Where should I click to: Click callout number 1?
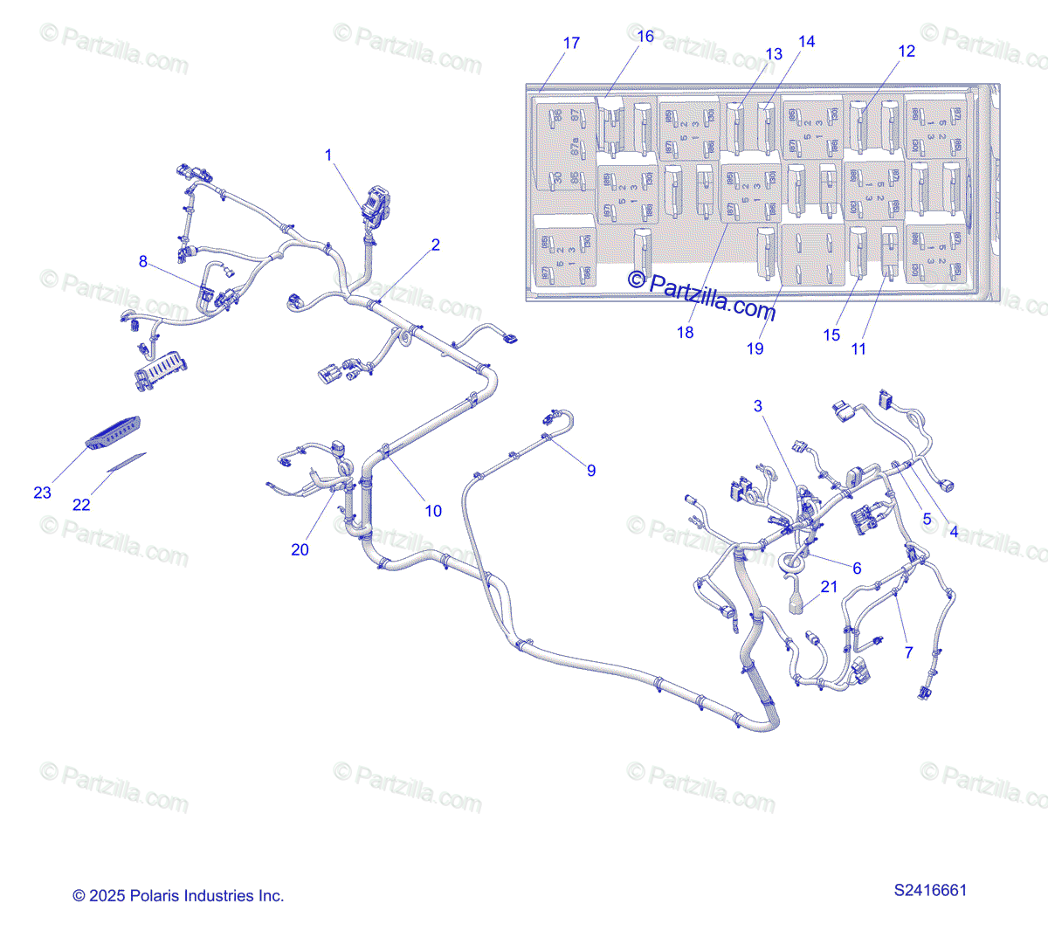tap(328, 155)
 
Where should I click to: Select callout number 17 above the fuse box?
tap(571, 43)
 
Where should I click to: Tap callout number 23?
tap(42, 493)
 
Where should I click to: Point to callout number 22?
tap(81, 505)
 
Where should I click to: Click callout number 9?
tap(591, 471)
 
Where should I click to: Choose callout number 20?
tap(300, 549)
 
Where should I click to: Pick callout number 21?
tap(829, 587)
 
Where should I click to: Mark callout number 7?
tap(908, 652)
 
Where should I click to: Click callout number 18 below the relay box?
tap(686, 332)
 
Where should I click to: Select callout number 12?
tap(907, 51)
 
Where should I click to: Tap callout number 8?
tap(143, 261)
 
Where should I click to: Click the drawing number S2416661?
tap(930, 891)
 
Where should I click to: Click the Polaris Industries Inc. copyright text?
tap(178, 895)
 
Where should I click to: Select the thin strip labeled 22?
tap(127, 462)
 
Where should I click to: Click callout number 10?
tap(433, 511)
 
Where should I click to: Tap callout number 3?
tap(758, 405)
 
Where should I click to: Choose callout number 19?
tap(755, 348)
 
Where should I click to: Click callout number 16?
tap(645, 36)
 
